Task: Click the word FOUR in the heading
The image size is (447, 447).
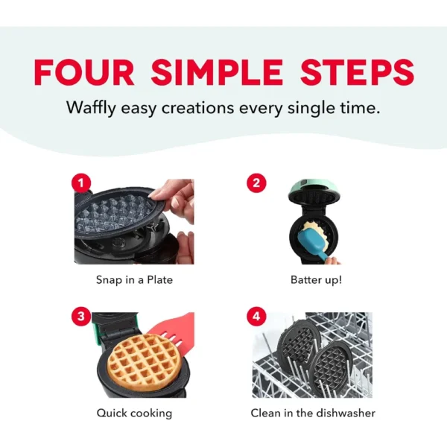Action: pyautogui.click(x=83, y=72)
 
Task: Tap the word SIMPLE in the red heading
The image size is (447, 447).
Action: pyautogui.click(x=217, y=72)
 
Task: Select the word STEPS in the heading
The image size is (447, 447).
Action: pyautogui.click(x=357, y=72)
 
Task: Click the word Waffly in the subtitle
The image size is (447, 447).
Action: pyautogui.click(x=91, y=109)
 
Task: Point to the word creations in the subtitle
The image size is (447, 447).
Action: pyautogui.click(x=197, y=108)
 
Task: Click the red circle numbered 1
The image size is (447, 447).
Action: pyautogui.click(x=81, y=183)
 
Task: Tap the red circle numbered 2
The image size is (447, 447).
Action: pyautogui.click(x=256, y=183)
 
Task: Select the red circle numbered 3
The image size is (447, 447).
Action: pyautogui.click(x=81, y=316)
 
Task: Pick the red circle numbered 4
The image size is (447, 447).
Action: pyautogui.click(x=256, y=316)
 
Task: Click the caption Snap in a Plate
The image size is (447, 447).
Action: pyautogui.click(x=134, y=280)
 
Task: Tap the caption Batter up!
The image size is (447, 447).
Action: pyautogui.click(x=316, y=279)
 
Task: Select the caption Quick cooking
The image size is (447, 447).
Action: pyautogui.click(x=134, y=413)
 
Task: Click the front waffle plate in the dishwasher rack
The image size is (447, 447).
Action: pyautogui.click(x=332, y=364)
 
